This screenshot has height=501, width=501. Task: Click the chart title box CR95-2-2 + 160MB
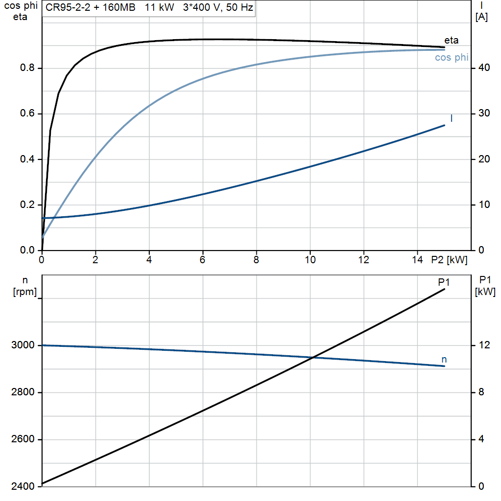[x=149, y=8]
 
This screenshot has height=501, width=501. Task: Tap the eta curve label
[x=451, y=40]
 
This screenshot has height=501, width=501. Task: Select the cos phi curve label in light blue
[x=452, y=58]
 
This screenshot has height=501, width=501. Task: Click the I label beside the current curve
[x=451, y=118]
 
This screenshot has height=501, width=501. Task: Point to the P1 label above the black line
[x=444, y=282]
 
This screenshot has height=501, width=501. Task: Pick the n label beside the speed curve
[x=444, y=360]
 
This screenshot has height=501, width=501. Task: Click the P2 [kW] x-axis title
[x=449, y=260]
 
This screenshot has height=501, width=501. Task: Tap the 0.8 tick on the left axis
[x=27, y=68]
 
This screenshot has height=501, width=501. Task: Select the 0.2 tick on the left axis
[x=27, y=205]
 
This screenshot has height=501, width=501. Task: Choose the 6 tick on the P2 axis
[x=203, y=260]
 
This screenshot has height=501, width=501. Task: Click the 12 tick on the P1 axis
[x=484, y=345]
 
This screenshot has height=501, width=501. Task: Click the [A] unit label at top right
[x=481, y=17]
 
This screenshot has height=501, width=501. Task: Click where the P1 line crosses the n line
[x=312, y=358]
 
